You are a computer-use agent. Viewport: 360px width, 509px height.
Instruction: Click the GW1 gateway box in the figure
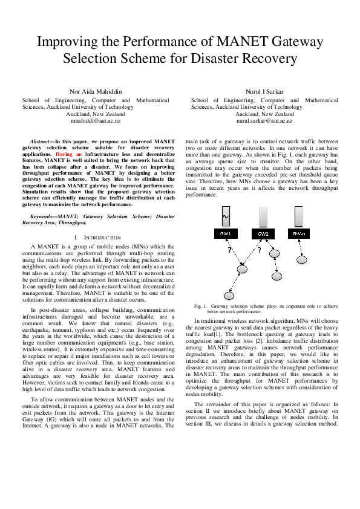point(226,233)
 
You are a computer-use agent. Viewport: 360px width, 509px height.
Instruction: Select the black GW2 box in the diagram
point(262,233)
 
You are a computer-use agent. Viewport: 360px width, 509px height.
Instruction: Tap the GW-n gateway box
point(298,233)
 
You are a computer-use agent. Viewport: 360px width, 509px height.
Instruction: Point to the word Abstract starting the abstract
point(41,141)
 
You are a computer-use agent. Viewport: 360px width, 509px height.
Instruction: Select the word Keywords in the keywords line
point(44,216)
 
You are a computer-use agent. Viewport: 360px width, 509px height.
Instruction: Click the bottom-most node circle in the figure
point(229,295)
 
